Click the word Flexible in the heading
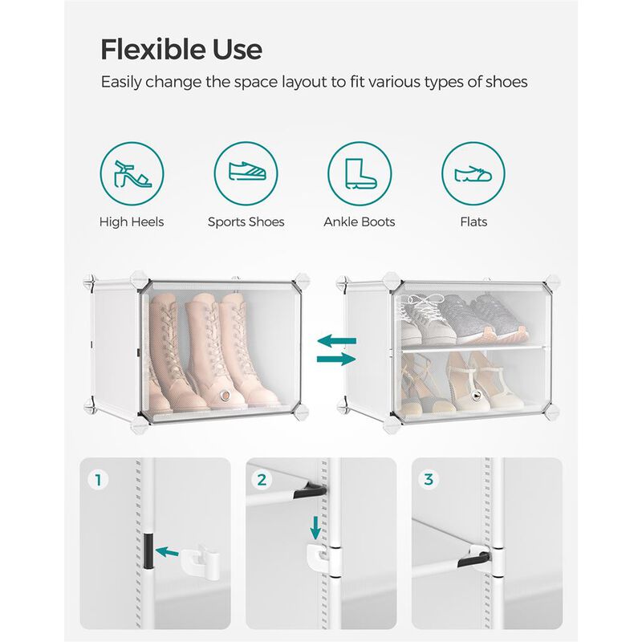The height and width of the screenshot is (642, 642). click(152, 49)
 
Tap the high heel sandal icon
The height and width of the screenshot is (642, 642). click(132, 175)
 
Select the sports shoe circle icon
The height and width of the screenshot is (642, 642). click(246, 175)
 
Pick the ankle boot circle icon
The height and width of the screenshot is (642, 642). click(359, 175)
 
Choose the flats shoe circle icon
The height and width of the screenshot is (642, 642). click(473, 175)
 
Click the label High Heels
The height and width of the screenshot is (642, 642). click(132, 221)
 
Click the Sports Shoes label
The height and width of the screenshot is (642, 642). click(246, 221)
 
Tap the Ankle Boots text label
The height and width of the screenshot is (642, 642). click(359, 221)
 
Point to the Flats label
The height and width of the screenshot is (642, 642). click(473, 221)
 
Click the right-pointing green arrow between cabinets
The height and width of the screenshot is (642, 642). click(336, 360)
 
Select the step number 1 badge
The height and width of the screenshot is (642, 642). click(99, 480)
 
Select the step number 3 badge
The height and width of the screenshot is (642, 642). click(429, 480)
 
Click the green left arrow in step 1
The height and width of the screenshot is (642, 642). click(168, 551)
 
